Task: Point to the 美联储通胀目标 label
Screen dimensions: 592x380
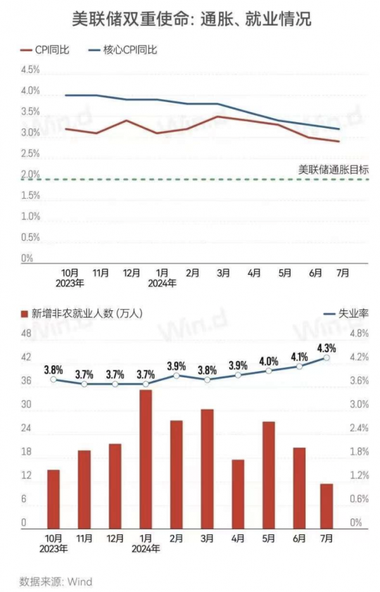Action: point(332,169)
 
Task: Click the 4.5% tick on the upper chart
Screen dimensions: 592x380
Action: point(30,70)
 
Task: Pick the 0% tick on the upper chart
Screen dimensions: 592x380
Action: point(27,258)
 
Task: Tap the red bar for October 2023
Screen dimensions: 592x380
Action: point(53,498)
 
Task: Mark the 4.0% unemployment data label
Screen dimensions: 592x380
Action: point(269,362)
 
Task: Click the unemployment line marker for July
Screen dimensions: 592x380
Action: point(327,358)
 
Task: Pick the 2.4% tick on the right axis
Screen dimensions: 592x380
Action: point(359,428)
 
